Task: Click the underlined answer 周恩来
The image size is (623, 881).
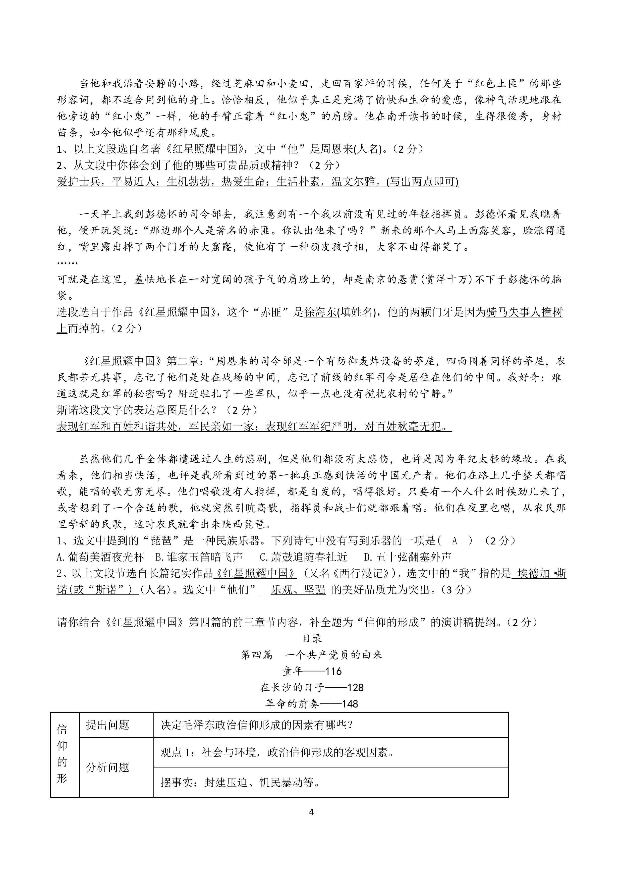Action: click(336, 149)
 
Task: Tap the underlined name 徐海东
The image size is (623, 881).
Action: click(320, 312)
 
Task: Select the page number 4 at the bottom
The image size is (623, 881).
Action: click(311, 812)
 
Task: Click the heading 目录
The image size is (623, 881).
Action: click(311, 638)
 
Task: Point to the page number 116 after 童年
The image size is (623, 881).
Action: click(333, 671)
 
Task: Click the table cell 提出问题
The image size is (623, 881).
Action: click(108, 725)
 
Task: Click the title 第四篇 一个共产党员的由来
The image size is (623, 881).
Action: click(311, 655)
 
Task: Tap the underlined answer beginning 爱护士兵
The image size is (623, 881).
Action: click(257, 182)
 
